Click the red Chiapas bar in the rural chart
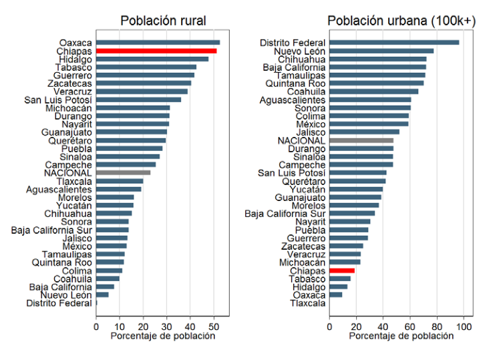(156, 51)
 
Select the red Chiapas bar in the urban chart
(342, 271)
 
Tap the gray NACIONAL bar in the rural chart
(123, 173)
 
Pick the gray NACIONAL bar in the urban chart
(361, 140)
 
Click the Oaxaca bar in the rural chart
(158, 43)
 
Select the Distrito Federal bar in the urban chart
(394, 43)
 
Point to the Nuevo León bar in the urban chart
(381, 51)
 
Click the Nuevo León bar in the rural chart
(102, 295)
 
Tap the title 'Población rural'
(163, 21)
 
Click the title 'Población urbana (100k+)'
(401, 21)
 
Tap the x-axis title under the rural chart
(163, 336)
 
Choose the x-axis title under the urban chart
(401, 336)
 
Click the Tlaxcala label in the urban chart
(307, 303)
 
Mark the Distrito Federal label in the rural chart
(59, 303)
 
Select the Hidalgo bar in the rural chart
(152, 59)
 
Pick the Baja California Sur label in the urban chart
(285, 214)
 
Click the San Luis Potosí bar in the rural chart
(138, 100)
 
